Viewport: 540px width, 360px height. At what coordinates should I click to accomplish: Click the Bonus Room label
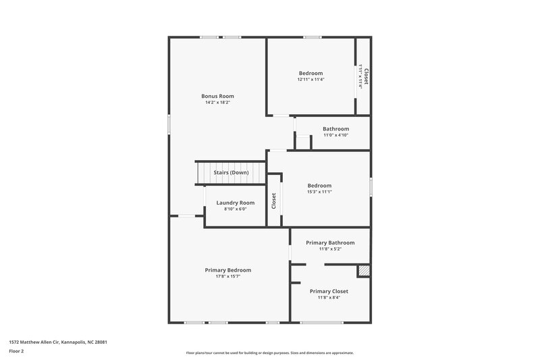pyautogui.click(x=217, y=96)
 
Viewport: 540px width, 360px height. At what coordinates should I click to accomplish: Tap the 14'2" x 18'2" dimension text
pyautogui.click(x=217, y=103)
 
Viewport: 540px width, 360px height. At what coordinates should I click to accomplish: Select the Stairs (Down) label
pyautogui.click(x=231, y=172)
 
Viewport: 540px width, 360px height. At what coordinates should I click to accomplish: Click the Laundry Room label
pyautogui.click(x=235, y=203)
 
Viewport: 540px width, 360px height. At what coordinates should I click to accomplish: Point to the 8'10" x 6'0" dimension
pyautogui.click(x=235, y=209)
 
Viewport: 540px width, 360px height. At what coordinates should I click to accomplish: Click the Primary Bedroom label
pyautogui.click(x=227, y=269)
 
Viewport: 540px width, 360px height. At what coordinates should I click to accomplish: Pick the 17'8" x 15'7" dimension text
pyautogui.click(x=227, y=276)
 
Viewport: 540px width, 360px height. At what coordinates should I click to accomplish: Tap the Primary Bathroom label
pyautogui.click(x=329, y=242)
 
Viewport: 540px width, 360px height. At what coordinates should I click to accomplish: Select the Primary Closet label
pyautogui.click(x=329, y=291)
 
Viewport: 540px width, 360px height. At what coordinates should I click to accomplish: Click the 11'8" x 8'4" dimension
pyautogui.click(x=329, y=298)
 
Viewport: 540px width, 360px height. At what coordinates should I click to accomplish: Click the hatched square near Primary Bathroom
pyautogui.click(x=364, y=270)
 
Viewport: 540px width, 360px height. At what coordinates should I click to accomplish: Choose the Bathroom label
pyautogui.click(x=335, y=128)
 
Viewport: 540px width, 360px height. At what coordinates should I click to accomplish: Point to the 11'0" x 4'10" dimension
pyautogui.click(x=335, y=135)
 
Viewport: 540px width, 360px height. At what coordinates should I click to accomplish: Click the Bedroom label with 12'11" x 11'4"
pyautogui.click(x=310, y=73)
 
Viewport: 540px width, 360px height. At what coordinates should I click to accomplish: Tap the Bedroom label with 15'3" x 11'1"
pyautogui.click(x=319, y=185)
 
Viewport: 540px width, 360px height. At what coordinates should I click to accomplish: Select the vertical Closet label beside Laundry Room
pyautogui.click(x=274, y=201)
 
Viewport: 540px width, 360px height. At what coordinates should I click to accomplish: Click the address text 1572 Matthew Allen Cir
pyautogui.click(x=58, y=342)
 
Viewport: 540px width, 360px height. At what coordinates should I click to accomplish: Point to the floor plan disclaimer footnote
pyautogui.click(x=269, y=353)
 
